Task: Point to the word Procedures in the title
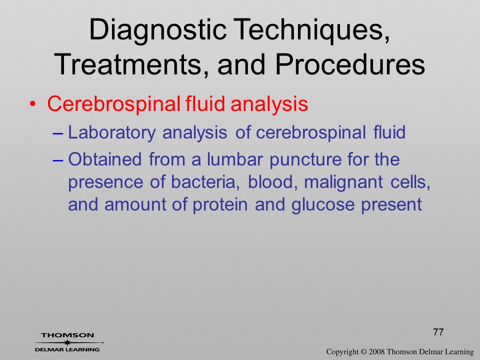pyautogui.click(x=350, y=64)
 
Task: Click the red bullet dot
pyautogui.click(x=32, y=104)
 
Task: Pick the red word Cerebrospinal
pyautogui.click(x=113, y=104)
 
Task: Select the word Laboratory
pyautogui.click(x=111, y=133)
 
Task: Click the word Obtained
pyautogui.click(x=104, y=159)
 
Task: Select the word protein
pyautogui.click(x=220, y=205)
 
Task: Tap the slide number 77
pyautogui.click(x=438, y=332)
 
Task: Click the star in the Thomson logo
pyautogui.click(x=67, y=342)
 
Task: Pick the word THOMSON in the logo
pyautogui.click(x=67, y=335)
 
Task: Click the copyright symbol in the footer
pyautogui.click(x=363, y=351)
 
